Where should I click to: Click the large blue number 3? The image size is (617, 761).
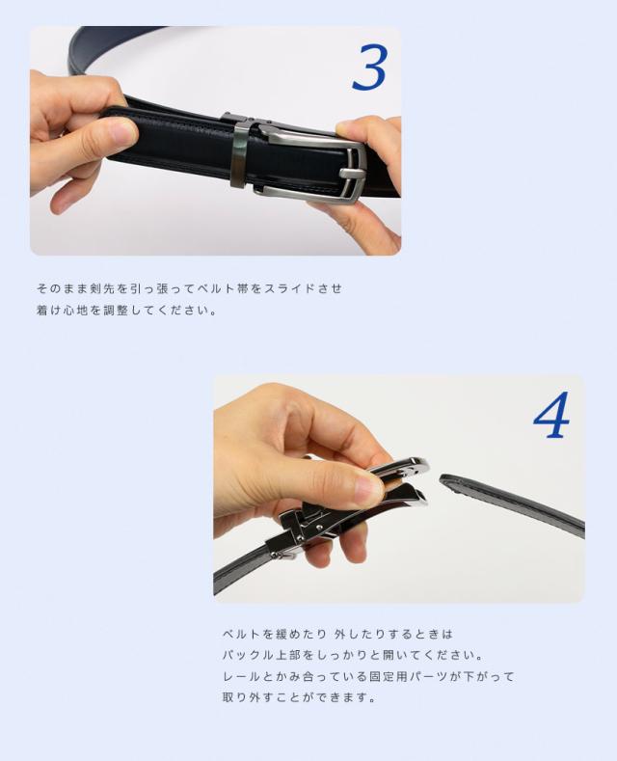click(x=369, y=68)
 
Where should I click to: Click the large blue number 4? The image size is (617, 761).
click(x=551, y=415)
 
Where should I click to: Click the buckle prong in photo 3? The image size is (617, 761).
click(x=351, y=174)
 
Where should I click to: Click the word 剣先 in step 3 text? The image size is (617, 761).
click(x=102, y=288)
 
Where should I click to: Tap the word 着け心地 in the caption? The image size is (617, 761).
click(x=62, y=310)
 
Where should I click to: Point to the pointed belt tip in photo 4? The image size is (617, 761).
click(x=443, y=480)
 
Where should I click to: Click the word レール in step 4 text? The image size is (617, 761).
click(x=242, y=676)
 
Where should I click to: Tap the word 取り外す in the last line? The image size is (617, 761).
click(x=249, y=697)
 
